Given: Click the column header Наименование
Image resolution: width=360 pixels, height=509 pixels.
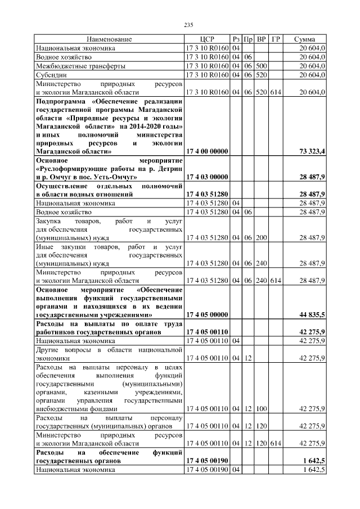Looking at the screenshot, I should point(109,39).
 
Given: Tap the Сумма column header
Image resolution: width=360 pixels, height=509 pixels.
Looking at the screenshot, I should point(304,39).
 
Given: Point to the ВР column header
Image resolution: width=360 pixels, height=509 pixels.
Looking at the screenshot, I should point(262,39).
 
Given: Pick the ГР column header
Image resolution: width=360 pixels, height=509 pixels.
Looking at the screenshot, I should point(276,39).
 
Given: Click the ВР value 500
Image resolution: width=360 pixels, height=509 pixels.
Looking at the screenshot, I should point(261,66).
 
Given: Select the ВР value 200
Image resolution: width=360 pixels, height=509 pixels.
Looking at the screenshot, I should point(261,237).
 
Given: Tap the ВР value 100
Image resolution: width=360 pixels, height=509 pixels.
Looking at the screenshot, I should point(261,409).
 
